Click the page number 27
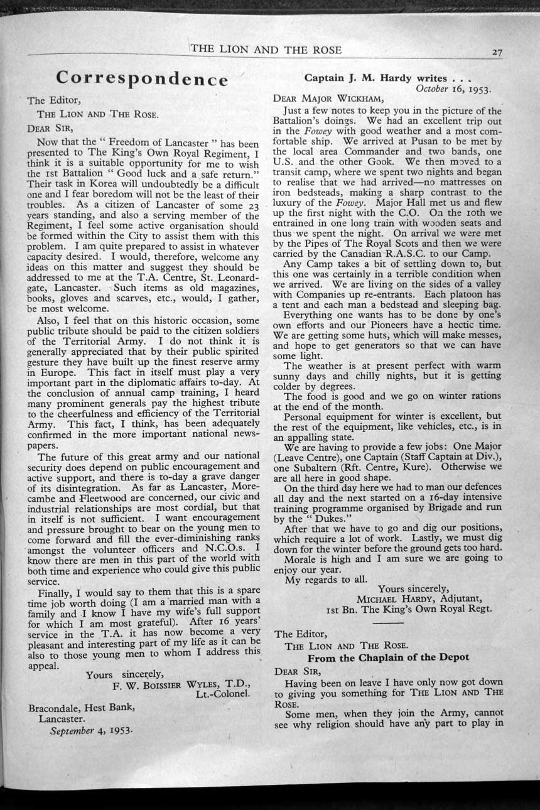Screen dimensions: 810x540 click(497, 53)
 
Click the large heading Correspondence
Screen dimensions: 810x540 click(141, 78)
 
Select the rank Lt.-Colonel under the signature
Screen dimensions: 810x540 click(224, 695)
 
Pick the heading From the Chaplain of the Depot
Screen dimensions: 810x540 click(388, 657)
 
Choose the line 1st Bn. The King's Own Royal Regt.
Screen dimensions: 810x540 click(409, 608)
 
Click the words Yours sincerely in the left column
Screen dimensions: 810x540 click(124, 675)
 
